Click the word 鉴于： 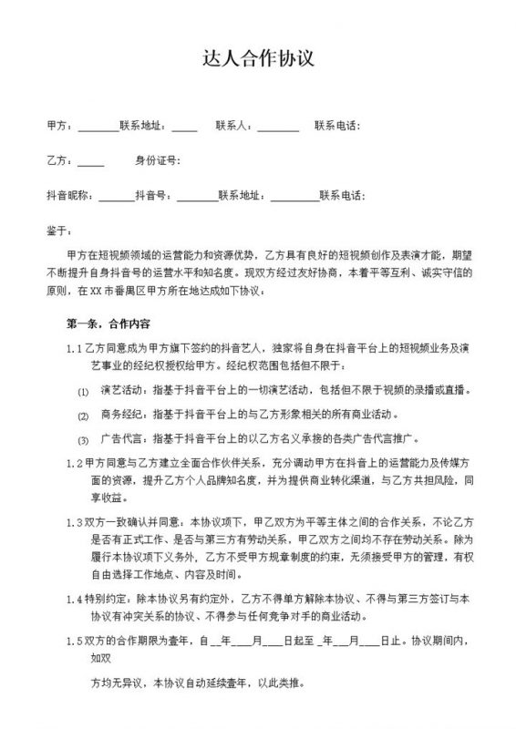pyautogui.click(x=57, y=231)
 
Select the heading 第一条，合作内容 pyautogui.click(x=108, y=323)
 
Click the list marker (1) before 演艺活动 pyautogui.click(x=83, y=391)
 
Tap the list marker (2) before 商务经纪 pyautogui.click(x=83, y=415)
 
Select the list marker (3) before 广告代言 pyautogui.click(x=83, y=439)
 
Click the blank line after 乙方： pyautogui.click(x=91, y=163)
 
